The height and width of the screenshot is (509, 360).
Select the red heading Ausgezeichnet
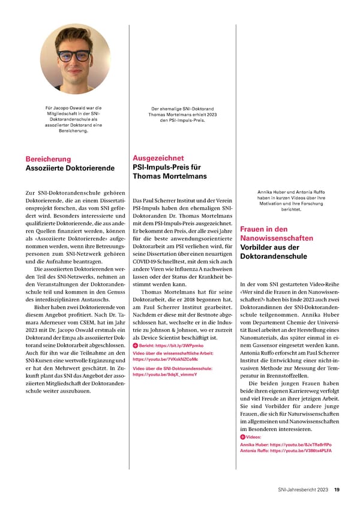[x=158, y=158]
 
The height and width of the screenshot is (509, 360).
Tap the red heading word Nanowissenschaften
[x=276, y=238]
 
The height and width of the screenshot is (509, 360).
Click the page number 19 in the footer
[x=338, y=490]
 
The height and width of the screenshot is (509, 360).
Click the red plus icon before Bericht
[x=134, y=347]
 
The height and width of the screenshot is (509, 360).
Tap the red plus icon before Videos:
[x=242, y=437]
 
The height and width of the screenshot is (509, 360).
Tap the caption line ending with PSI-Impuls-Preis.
[x=178, y=120]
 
